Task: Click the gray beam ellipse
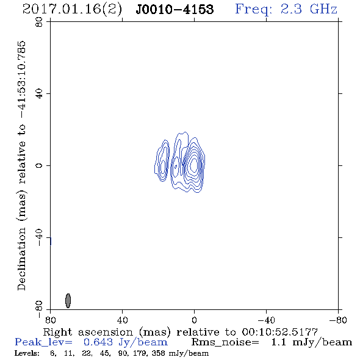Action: pyautogui.click(x=68, y=301)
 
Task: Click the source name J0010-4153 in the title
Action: pyautogui.click(x=175, y=9)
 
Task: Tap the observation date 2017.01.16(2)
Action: pyautogui.click(x=72, y=9)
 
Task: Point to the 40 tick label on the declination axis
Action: pyautogui.click(x=39, y=94)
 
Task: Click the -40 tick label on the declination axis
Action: pyautogui.click(x=39, y=237)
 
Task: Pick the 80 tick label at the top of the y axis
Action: pyautogui.click(x=39, y=22)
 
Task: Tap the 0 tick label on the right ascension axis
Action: pyautogui.click(x=194, y=320)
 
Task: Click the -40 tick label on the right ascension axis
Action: pyautogui.click(x=266, y=320)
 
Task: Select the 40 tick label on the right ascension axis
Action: pyautogui.click(x=122, y=320)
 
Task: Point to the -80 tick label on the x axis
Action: pyautogui.click(x=338, y=320)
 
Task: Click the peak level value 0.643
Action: pyautogui.click(x=98, y=342)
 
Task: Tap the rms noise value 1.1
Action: pyautogui.click(x=278, y=342)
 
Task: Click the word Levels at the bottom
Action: pyautogui.click(x=26, y=353)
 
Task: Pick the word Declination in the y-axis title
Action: pyautogui.click(x=21, y=259)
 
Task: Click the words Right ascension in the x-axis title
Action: pyautogui.click(x=88, y=332)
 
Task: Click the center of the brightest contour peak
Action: pyautogui.click(x=194, y=164)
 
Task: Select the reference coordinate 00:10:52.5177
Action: pyautogui.click(x=279, y=332)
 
